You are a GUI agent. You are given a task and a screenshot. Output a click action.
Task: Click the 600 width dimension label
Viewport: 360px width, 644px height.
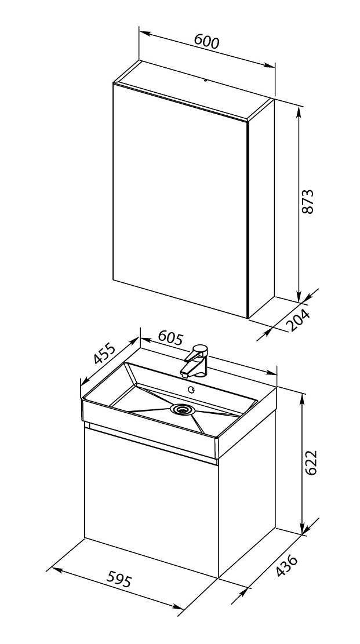[206, 42]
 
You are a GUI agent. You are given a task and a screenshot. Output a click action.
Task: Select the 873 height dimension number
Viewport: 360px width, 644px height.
[308, 201]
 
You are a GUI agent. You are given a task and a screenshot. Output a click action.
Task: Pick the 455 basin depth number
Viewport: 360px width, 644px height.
[105, 354]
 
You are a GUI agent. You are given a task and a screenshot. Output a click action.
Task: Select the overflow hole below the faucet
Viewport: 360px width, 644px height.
[191, 389]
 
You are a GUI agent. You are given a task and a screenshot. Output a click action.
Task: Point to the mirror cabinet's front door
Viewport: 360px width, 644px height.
[180, 200]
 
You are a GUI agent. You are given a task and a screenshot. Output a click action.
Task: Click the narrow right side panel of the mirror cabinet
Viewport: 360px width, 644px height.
[261, 209]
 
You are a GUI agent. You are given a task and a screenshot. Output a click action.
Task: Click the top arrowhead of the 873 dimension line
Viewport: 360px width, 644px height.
[300, 110]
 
